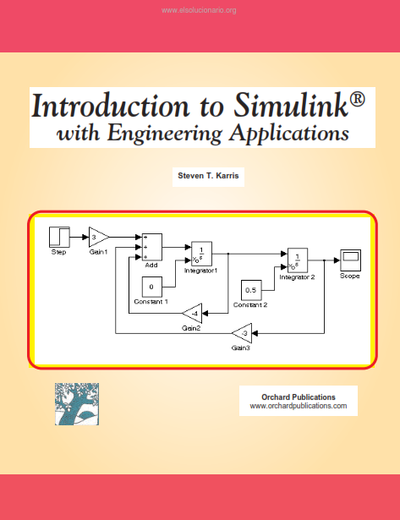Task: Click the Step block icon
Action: click(x=59, y=237)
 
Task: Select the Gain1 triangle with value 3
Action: click(x=98, y=237)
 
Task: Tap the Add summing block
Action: click(x=152, y=247)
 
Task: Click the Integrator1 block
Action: click(x=201, y=254)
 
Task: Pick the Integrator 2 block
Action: click(x=298, y=260)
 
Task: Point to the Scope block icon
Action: click(x=351, y=260)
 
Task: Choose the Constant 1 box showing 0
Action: click(x=152, y=287)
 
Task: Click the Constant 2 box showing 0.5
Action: click(x=251, y=290)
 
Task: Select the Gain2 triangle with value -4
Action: click(x=192, y=314)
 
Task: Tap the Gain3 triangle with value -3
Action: click(x=242, y=333)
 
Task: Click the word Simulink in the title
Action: click(x=291, y=105)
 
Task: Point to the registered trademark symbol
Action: click(x=357, y=100)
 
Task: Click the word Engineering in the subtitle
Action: click(x=165, y=134)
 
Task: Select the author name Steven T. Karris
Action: click(x=208, y=176)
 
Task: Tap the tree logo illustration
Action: click(x=77, y=404)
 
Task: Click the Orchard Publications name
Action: click(x=299, y=397)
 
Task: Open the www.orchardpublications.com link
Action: click(x=299, y=406)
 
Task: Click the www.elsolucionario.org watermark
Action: click(x=199, y=10)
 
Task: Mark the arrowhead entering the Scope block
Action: click(x=337, y=260)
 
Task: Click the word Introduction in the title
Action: click(x=110, y=106)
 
